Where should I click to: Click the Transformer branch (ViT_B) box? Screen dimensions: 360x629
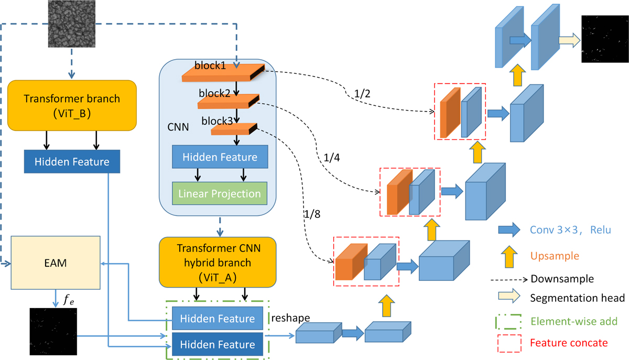72,104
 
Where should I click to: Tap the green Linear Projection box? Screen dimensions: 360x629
220,194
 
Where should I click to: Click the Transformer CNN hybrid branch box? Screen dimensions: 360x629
218,261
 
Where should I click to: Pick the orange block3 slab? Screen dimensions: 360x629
233,129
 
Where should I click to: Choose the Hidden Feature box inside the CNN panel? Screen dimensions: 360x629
220,157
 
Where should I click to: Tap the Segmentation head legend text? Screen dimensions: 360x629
577,298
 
